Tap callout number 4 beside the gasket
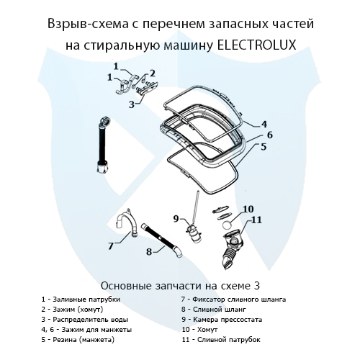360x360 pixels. point(264,123)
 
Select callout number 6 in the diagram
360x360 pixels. point(269,135)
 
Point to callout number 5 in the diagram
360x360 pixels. point(264,147)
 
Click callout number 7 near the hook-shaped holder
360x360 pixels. point(110,245)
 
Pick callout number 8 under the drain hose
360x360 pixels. point(149,251)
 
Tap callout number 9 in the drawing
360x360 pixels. point(175,217)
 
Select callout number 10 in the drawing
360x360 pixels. point(248,210)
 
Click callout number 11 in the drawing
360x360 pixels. point(256,220)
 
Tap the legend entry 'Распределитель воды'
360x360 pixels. point(80,318)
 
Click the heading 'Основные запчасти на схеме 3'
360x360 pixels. point(179,284)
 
